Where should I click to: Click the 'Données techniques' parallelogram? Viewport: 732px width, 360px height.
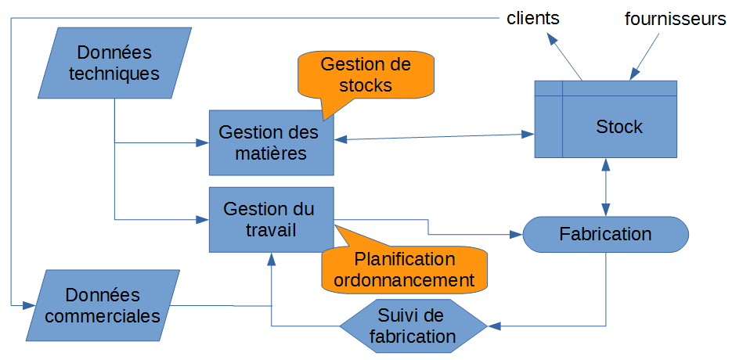[114, 63]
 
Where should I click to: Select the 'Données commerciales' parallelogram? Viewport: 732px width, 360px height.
[103, 306]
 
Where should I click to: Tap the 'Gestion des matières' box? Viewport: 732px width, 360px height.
[271, 142]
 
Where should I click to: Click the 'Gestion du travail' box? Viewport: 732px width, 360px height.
[271, 219]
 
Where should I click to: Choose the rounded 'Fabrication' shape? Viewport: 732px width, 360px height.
[605, 234]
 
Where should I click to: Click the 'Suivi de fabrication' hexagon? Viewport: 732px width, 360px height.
[413, 326]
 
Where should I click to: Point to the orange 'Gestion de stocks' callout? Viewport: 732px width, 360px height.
[366, 74]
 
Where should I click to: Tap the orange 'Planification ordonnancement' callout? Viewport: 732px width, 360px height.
[404, 269]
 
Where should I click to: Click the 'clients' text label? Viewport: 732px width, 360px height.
[532, 17]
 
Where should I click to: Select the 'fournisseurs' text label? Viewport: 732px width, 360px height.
[675, 19]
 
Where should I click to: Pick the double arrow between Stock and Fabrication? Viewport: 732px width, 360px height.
[605, 187]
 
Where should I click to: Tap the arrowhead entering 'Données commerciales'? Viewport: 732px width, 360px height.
[28, 304]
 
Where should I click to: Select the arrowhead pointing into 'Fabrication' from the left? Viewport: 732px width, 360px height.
[516, 234]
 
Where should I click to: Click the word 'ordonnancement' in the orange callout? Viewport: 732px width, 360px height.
[403, 279]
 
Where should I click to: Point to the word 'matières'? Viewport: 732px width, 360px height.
[271, 153]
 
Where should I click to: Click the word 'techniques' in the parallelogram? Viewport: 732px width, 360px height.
[114, 74]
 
